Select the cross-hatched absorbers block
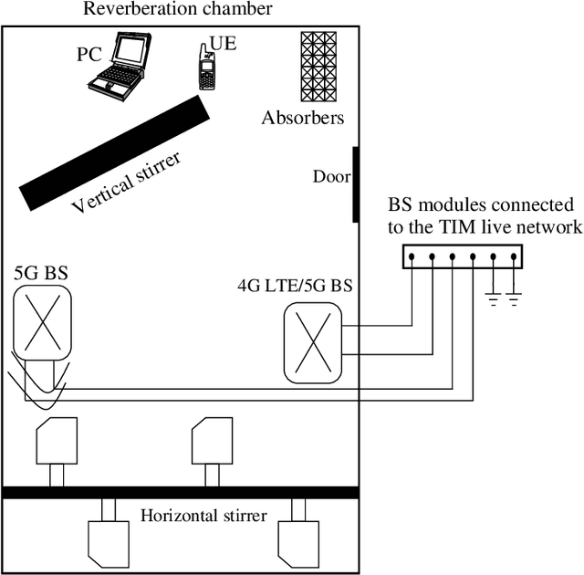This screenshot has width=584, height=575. (320, 68)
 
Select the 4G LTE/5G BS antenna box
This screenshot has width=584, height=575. (312, 343)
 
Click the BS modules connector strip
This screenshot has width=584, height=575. (464, 257)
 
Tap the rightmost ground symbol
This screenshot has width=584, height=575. (515, 298)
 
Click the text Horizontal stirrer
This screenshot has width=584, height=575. (203, 516)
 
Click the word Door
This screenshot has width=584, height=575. (330, 177)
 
